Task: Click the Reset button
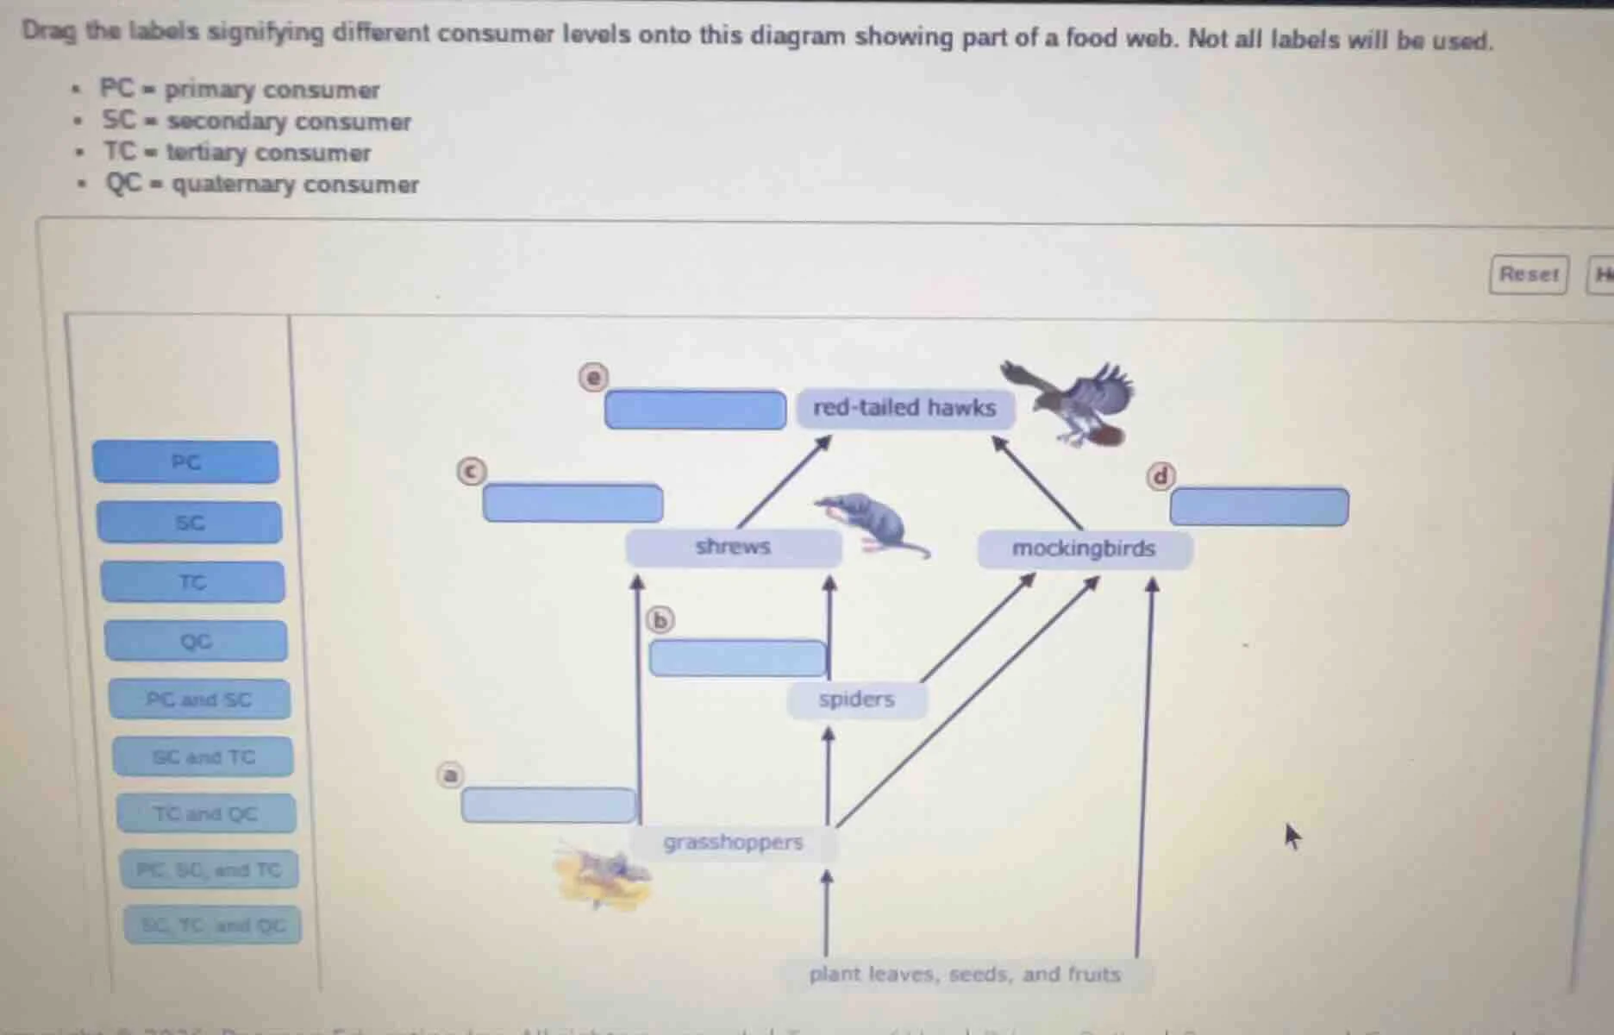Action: pyautogui.click(x=1528, y=275)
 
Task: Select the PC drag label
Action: pyautogui.click(x=186, y=462)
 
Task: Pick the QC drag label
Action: pyautogui.click(x=196, y=642)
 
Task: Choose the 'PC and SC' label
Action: pyautogui.click(x=199, y=699)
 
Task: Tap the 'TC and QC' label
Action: pyautogui.click(x=205, y=814)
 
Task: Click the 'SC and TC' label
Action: pyautogui.click(x=203, y=757)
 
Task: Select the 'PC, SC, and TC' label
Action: pyautogui.click(x=210, y=870)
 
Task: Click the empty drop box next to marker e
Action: pyautogui.click(x=695, y=410)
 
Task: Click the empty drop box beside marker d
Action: pyautogui.click(x=1259, y=507)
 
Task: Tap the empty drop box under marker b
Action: pyautogui.click(x=737, y=659)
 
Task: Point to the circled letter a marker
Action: pyautogui.click(x=450, y=775)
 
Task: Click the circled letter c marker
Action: pyautogui.click(x=471, y=471)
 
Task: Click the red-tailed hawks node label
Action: pyautogui.click(x=904, y=408)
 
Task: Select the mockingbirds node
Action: pyautogui.click(x=1084, y=549)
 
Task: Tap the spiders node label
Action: pyautogui.click(x=856, y=699)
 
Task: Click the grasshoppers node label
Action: pyautogui.click(x=733, y=843)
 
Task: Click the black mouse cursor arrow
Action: pyautogui.click(x=1292, y=835)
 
